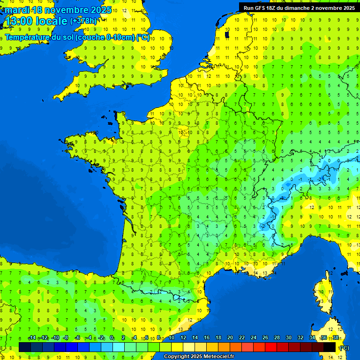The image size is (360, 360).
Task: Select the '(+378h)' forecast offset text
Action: click(83, 21)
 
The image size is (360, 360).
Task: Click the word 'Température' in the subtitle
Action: click(28, 37)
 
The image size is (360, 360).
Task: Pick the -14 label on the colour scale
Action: click(32, 338)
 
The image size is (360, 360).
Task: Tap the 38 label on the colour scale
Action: click(336, 338)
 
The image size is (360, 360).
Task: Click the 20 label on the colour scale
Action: click(230, 338)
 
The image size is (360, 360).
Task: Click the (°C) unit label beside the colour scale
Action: click(345, 348)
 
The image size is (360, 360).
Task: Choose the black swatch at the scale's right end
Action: click(330, 347)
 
